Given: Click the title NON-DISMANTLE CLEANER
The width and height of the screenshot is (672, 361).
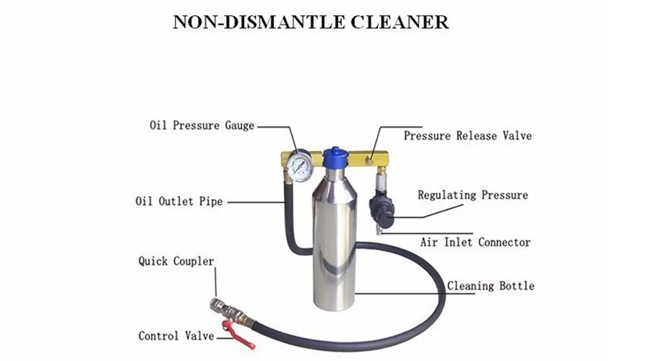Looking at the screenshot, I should (x=311, y=22).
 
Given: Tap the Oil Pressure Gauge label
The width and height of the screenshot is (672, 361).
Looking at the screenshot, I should (x=202, y=126).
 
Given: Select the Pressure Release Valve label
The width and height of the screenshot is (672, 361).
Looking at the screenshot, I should (x=468, y=136).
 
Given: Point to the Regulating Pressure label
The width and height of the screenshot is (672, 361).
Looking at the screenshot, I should (x=473, y=195).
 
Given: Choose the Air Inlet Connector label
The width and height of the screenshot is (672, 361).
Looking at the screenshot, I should (x=475, y=243).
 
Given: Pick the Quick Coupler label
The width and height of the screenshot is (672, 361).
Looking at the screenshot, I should (x=176, y=261).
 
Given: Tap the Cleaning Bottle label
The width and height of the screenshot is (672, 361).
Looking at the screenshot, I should (x=491, y=286).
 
